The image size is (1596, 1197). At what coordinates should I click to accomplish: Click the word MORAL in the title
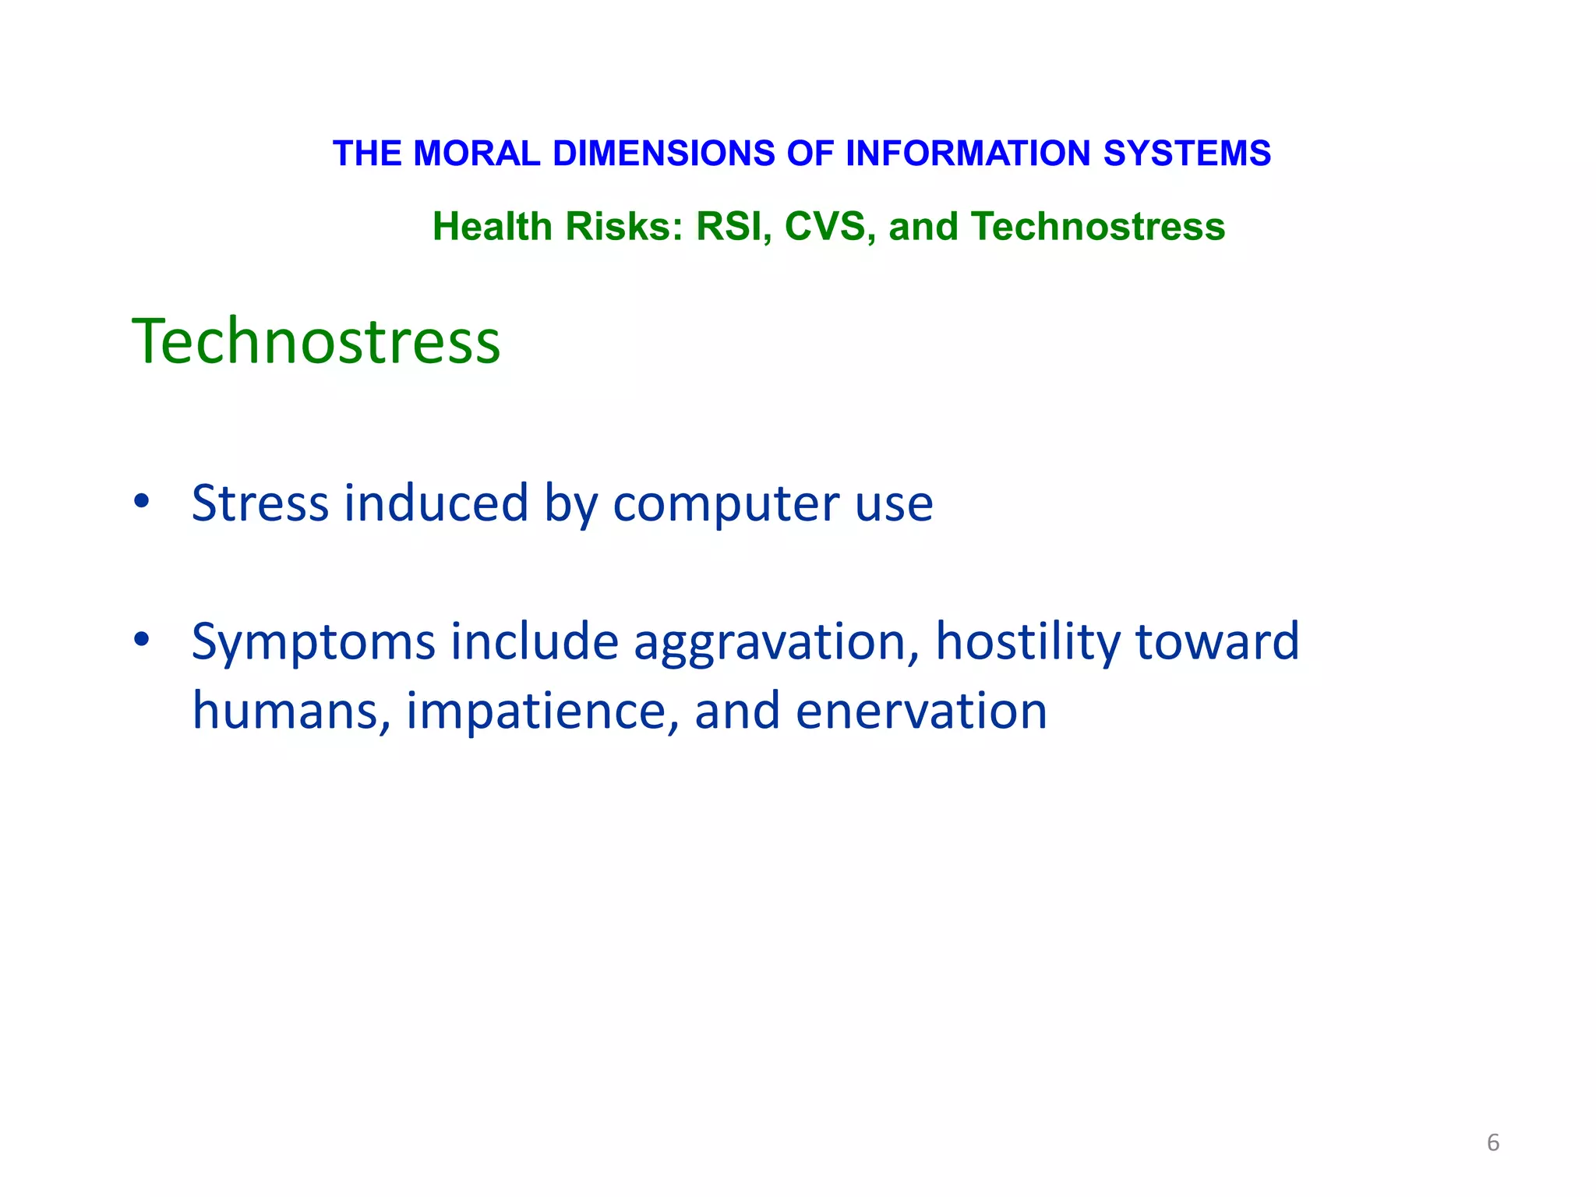point(477,154)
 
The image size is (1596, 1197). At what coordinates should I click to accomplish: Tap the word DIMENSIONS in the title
point(664,154)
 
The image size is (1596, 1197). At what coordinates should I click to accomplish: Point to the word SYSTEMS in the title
point(1187,154)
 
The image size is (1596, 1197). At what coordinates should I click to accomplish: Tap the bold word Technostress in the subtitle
point(1098,227)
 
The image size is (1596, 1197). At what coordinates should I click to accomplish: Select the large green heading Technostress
point(316,341)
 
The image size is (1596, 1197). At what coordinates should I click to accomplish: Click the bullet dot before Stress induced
point(141,501)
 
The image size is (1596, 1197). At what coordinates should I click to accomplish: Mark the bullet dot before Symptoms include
point(141,640)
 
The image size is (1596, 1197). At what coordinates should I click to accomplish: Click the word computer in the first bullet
point(726,504)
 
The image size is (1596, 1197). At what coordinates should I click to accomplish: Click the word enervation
point(921,711)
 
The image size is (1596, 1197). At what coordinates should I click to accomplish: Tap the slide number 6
point(1492,1142)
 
